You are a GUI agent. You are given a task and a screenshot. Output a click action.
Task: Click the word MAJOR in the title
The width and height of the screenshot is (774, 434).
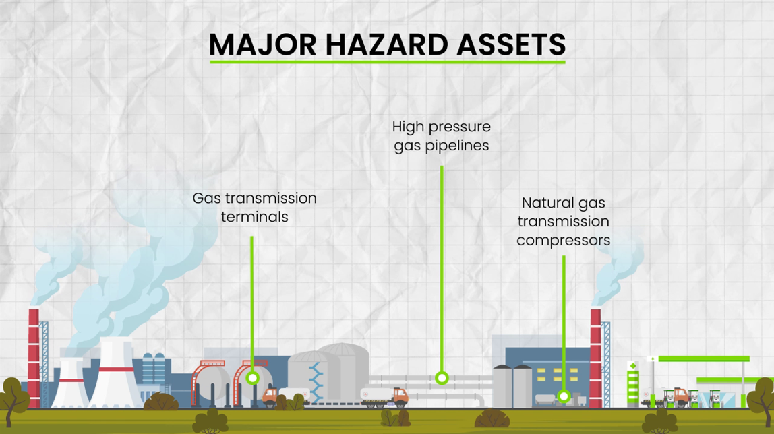pos(263,45)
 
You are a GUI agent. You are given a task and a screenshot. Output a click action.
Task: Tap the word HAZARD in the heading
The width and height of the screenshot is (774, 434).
pos(386,45)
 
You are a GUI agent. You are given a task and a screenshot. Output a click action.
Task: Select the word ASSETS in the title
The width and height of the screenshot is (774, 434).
pos(511,45)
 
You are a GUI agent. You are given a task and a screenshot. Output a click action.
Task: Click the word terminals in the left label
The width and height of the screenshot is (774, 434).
pos(255,217)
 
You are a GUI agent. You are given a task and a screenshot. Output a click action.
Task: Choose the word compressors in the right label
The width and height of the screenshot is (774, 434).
pos(563,241)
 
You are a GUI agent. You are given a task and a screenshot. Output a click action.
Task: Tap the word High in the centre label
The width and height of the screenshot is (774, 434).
pos(408,127)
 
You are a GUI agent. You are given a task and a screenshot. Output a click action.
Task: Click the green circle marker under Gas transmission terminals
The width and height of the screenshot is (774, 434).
pos(253,378)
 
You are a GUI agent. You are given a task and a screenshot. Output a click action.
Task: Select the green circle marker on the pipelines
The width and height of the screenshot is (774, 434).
pos(442,378)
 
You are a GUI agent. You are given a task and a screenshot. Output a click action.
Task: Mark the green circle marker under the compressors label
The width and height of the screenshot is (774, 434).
pos(564,396)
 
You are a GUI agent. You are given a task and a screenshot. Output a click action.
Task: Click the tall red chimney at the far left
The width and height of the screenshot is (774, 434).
pos(34,359)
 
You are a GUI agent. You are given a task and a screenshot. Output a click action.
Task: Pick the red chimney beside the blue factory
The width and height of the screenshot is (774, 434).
pos(596,359)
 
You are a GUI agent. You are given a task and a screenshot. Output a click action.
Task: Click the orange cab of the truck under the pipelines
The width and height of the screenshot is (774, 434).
pos(400,396)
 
